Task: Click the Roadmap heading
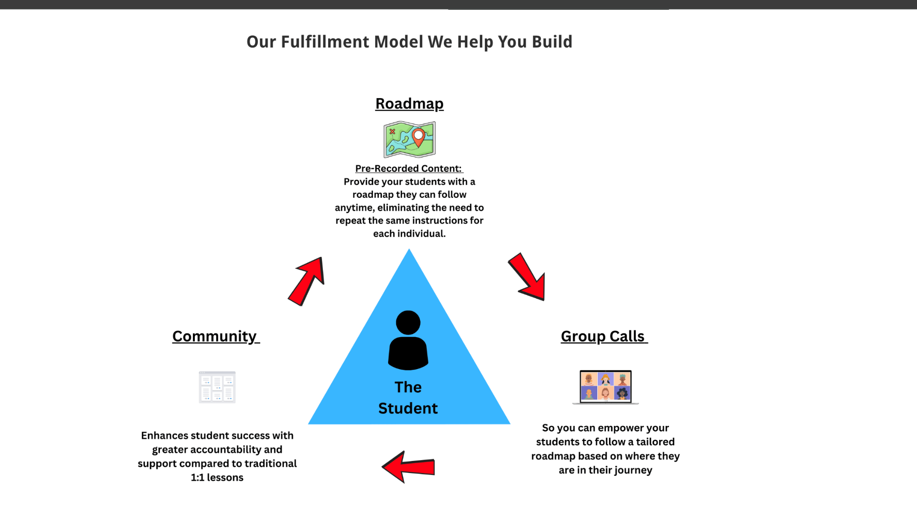(409, 104)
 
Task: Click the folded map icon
(409, 139)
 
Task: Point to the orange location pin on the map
(419, 137)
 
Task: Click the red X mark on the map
(392, 131)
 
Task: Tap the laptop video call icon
(605, 387)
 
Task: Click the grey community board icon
(217, 387)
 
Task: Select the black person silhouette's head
(408, 322)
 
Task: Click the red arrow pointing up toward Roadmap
(307, 281)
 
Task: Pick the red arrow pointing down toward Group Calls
(527, 276)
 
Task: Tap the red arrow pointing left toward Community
(408, 467)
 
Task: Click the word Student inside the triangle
(408, 408)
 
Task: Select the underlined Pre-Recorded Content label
(408, 169)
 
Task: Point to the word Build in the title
(552, 42)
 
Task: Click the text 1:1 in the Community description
(197, 478)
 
